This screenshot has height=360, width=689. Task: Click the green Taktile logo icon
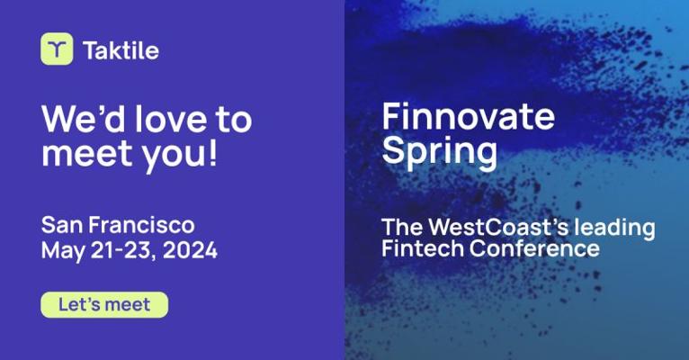[x=57, y=49]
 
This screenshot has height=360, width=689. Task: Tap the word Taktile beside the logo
[x=121, y=50]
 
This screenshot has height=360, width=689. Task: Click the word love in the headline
[x=171, y=119]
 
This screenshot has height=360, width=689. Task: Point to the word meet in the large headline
[x=87, y=153]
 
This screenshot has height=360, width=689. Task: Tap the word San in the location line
[x=61, y=225]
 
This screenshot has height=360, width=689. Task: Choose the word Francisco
[x=141, y=225]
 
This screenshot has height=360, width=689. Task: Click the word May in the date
[x=63, y=251]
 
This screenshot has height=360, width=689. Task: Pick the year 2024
[x=190, y=250]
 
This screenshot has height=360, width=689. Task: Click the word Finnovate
[x=468, y=116]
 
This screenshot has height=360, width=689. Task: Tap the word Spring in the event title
[x=440, y=151]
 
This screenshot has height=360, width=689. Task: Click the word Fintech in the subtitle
[x=422, y=248]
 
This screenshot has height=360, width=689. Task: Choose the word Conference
[x=534, y=248]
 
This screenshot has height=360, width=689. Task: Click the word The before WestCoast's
[x=402, y=228]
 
